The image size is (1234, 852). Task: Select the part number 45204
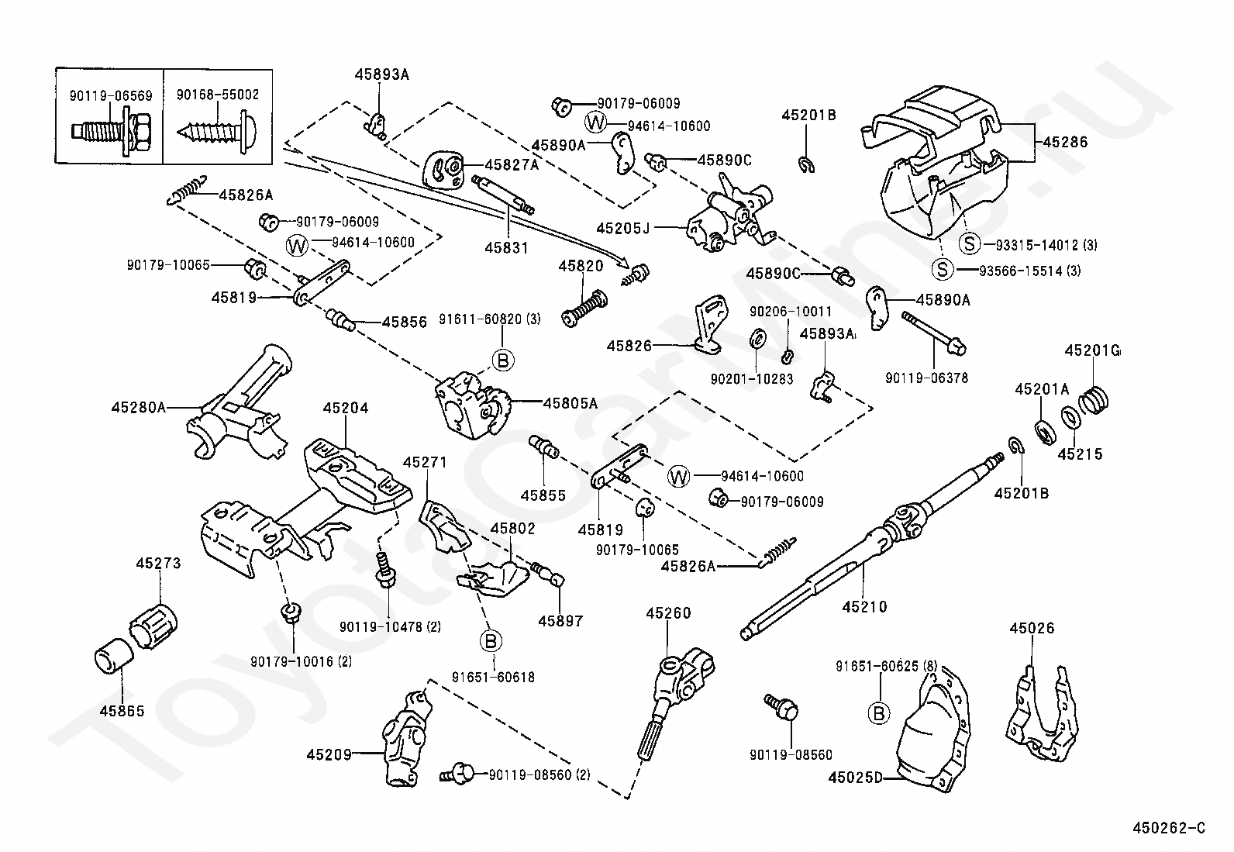click(346, 408)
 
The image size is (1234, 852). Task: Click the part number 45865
click(122, 710)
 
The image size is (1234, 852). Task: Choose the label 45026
click(1032, 628)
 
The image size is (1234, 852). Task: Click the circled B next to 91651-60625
click(878, 712)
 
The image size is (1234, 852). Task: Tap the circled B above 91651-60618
click(491, 641)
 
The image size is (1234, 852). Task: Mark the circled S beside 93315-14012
click(970, 244)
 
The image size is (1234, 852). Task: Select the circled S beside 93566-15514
click(942, 270)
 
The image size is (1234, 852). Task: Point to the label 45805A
click(570, 402)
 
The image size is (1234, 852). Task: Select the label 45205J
click(622, 228)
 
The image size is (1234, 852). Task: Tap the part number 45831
click(506, 248)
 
